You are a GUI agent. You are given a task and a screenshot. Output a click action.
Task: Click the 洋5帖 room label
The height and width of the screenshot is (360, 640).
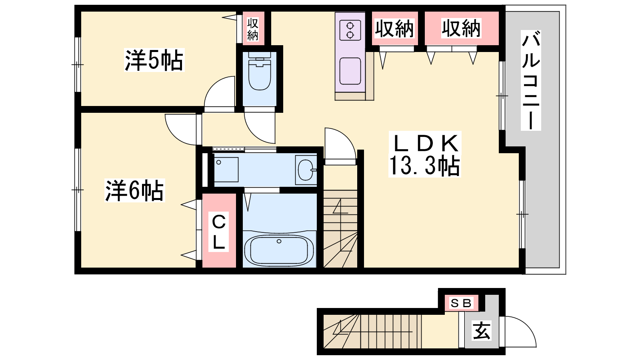tap(154, 60)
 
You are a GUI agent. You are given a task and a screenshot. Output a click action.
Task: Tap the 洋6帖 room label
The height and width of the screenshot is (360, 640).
tap(134, 190)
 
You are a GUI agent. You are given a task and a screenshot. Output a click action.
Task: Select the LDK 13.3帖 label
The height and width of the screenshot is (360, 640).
tap(424, 154)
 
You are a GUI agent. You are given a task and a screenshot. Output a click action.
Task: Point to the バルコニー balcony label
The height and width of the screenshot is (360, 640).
tap(531, 80)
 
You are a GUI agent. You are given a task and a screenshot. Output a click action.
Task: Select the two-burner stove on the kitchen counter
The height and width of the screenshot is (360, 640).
tap(350, 30)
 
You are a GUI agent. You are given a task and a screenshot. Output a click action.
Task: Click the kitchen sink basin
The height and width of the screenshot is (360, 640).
tap(350, 71)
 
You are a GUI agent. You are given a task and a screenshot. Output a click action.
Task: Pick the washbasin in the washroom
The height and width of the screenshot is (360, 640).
tap(306, 170)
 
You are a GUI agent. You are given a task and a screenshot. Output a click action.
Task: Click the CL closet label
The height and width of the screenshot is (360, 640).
tap(218, 232)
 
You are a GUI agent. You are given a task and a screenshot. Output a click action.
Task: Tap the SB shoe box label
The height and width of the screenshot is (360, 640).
tap(461, 303)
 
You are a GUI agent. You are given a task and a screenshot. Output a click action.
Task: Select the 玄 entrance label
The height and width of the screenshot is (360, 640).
tap(482, 330)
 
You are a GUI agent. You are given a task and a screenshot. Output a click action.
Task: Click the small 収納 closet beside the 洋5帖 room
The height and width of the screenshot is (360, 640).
tap(253, 28)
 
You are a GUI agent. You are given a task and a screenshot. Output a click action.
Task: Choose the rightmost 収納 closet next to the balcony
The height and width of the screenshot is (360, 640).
tap(461, 28)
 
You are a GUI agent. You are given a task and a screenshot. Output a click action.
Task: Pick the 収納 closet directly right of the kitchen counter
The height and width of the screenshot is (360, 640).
tap(394, 28)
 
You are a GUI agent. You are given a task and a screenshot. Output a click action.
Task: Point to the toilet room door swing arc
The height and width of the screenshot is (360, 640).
tap(253, 133)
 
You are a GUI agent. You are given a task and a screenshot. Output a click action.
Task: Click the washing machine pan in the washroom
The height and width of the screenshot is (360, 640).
tap(226, 170)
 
